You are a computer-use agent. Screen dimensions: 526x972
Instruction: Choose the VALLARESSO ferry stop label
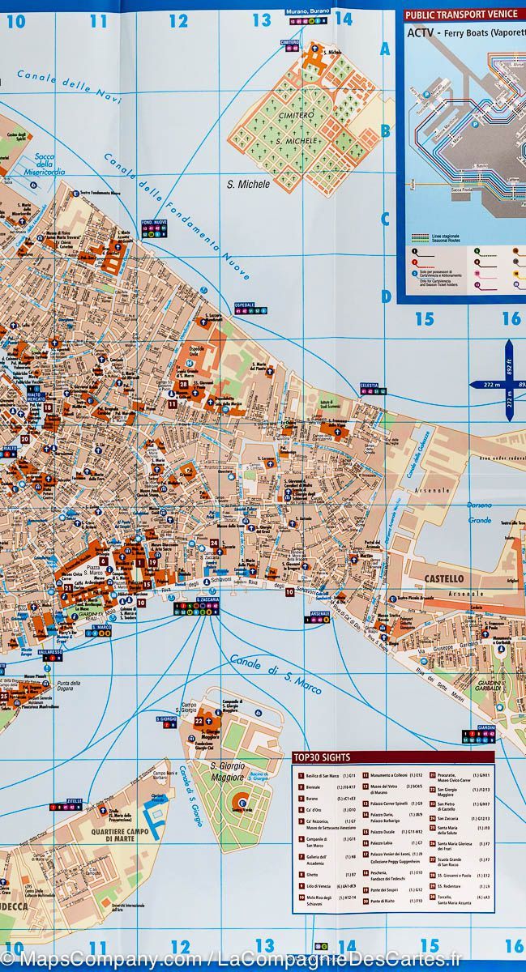49,650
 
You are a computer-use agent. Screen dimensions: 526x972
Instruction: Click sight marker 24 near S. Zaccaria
214,543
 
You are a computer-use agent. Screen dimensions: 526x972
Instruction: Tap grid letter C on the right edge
386,220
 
